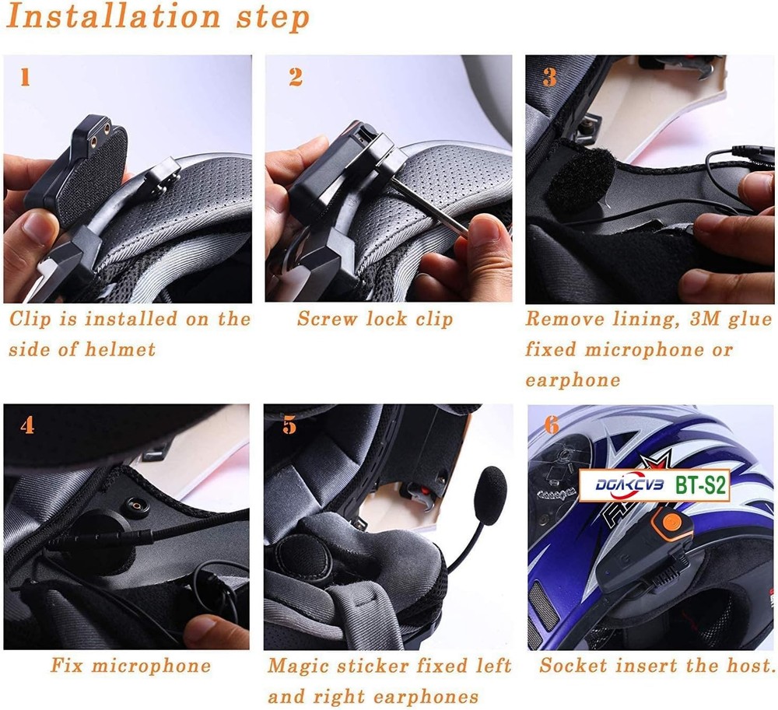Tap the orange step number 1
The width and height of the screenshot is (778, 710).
click(25, 78)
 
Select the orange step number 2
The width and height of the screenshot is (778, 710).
click(296, 77)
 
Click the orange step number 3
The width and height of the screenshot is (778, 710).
click(550, 77)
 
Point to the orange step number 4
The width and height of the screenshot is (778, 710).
click(27, 426)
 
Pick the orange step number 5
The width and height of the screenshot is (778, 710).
click(289, 426)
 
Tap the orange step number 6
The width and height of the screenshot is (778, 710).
click(551, 425)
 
